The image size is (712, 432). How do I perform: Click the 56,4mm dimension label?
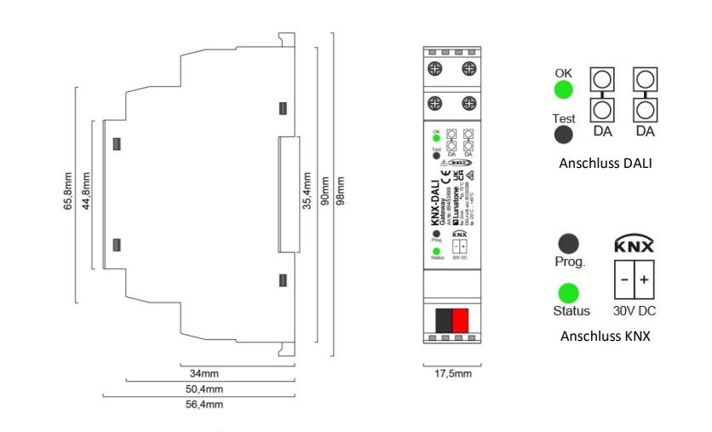point(205,405)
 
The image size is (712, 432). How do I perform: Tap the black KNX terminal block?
point(443,321)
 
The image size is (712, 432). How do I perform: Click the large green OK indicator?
point(563,91)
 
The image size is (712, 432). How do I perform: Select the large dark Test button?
point(563,136)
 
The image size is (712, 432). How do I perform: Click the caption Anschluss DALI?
point(606,163)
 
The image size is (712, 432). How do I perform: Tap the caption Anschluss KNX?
point(606,336)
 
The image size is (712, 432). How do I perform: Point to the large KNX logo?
point(634,246)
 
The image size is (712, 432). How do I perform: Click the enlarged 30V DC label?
point(634,312)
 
